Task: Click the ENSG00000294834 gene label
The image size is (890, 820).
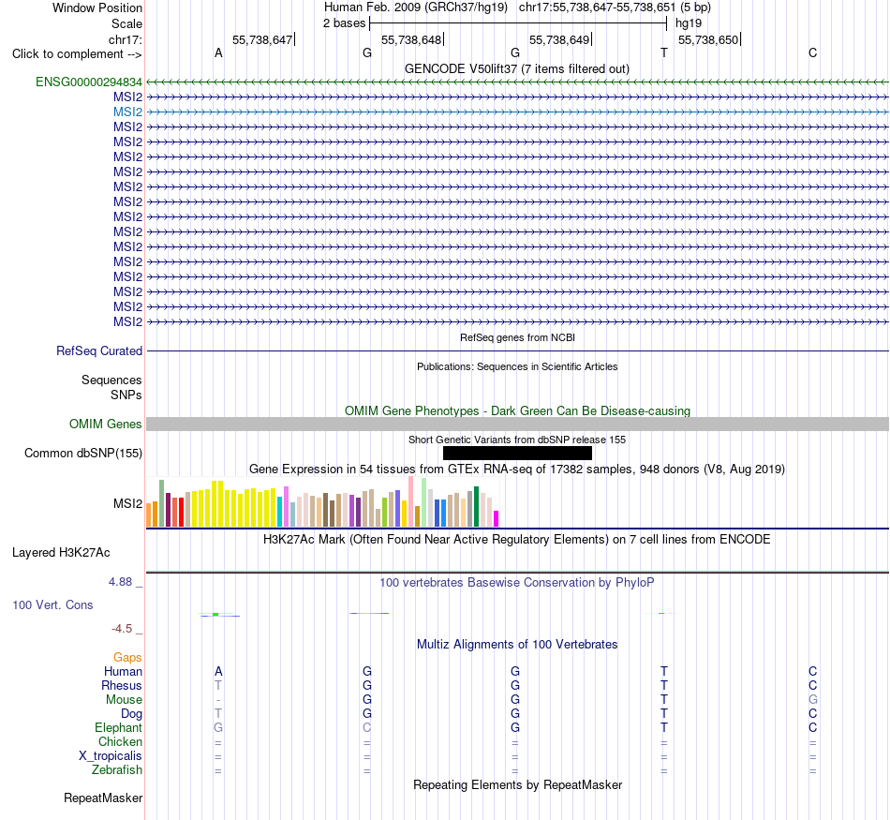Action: point(89,82)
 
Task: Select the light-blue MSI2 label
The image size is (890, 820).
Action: point(127,112)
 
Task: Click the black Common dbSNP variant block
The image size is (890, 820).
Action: point(517,454)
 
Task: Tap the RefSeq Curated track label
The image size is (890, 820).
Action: point(99,350)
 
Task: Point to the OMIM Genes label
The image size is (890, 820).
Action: point(106,425)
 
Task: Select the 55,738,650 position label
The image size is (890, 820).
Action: point(708,39)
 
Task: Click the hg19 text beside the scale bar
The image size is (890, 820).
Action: point(689,23)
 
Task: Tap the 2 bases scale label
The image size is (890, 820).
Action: point(345,23)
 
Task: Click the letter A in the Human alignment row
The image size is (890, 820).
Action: point(218,672)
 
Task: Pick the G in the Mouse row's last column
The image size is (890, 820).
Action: point(813,700)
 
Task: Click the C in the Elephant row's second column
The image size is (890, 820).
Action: point(367,727)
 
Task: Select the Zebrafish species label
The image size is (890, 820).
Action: point(117,770)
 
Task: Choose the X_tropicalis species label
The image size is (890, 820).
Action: point(111,756)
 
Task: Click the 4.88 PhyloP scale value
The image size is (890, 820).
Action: point(120,582)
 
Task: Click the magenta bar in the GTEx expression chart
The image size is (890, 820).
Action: point(497,519)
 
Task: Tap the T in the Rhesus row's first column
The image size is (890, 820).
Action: point(218,685)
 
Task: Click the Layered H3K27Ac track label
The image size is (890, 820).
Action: point(61,553)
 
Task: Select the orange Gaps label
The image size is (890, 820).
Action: point(127,658)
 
